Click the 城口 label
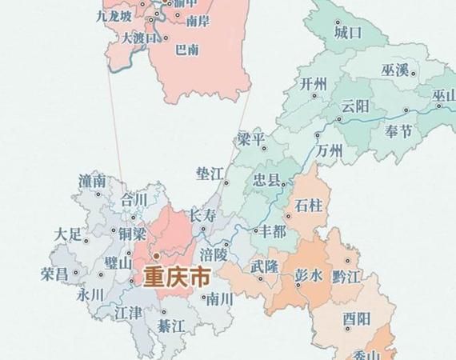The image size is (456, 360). pos(348,34)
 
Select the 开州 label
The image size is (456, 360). pos(314,84)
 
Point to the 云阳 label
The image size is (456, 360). pos(354,106)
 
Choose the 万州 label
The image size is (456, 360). pos(329,150)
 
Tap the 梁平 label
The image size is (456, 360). pos(250,139)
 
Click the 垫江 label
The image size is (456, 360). pos(209,173)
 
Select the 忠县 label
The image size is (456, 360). pos(266,180)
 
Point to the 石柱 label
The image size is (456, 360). pos(309,206)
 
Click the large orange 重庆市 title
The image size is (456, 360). pos(177,278)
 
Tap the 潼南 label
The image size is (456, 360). pos(93,182)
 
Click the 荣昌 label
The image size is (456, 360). pos(54,274)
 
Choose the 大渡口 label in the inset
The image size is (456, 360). pos(138,37)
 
